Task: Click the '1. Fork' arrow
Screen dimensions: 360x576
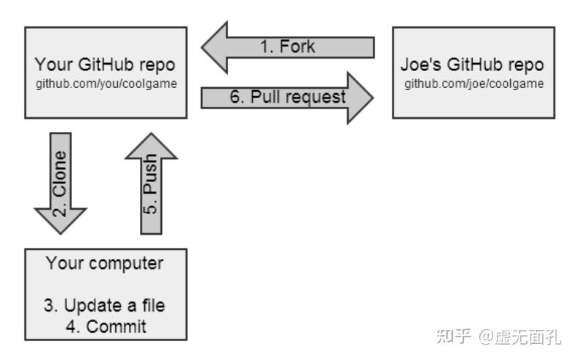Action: point(287,48)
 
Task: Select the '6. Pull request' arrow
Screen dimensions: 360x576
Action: point(287,97)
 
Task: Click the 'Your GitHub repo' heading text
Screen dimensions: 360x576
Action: point(106,65)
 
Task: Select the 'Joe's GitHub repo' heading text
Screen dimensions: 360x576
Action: point(473,65)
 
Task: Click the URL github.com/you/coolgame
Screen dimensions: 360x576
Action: point(106,83)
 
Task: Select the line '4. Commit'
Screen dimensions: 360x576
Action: point(106,326)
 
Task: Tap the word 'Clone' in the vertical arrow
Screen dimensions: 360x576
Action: point(60,170)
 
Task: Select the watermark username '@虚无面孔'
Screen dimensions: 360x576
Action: point(520,337)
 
